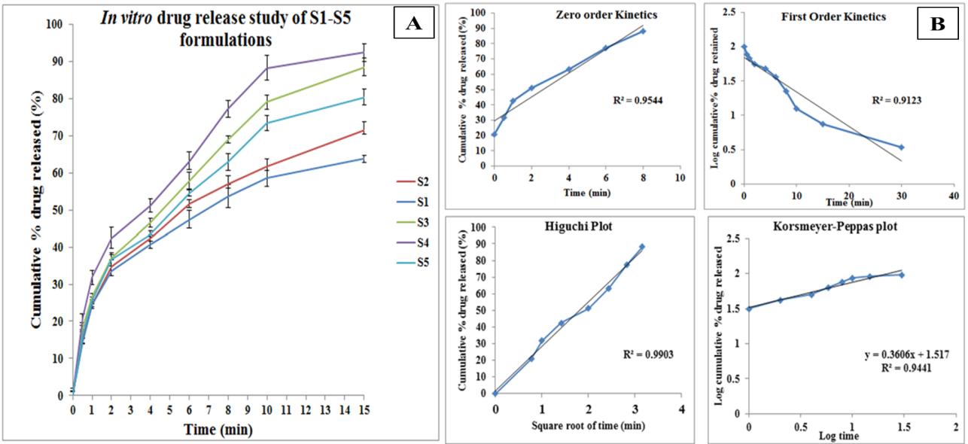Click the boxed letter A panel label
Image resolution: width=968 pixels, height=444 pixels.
tap(413, 24)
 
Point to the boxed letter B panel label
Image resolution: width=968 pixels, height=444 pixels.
tap(938, 24)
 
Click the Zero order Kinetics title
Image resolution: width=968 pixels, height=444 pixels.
tap(595, 15)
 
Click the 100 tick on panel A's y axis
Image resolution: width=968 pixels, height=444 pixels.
tap(56, 25)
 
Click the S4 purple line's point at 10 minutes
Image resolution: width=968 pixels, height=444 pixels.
tap(267, 68)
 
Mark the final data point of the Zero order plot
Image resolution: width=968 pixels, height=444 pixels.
tap(643, 31)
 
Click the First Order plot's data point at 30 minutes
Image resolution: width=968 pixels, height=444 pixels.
tap(901, 147)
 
